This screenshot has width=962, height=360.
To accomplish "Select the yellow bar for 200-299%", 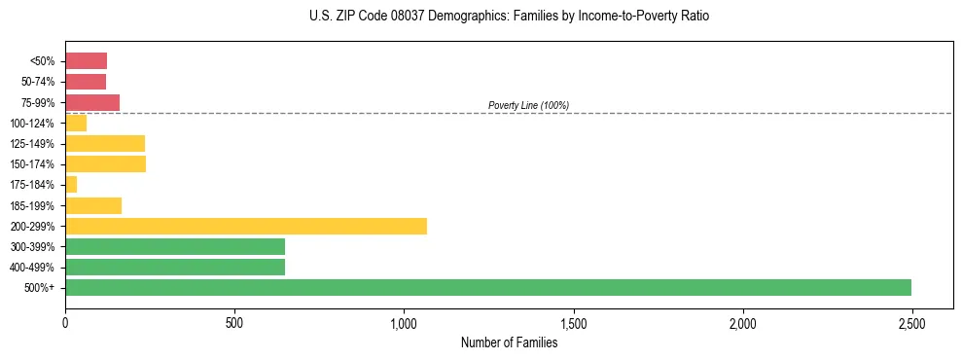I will point(246,226).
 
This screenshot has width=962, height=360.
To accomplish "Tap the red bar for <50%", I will point(86,60).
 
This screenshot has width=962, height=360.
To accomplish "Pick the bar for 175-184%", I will point(71,184).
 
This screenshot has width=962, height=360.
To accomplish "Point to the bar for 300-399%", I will point(175,246).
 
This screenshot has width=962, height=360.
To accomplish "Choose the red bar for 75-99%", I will point(92,102).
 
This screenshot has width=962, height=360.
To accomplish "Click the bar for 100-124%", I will point(76,123).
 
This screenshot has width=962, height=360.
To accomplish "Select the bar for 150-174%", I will point(105,163).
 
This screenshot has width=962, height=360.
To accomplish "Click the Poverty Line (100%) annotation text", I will point(528,105).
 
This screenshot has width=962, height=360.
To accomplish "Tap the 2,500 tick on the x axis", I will point(911,322).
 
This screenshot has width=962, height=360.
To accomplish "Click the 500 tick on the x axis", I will point(234,322).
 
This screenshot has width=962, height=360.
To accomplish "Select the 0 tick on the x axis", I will point(65,322).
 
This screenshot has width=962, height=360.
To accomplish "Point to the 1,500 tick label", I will point(573,322).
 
